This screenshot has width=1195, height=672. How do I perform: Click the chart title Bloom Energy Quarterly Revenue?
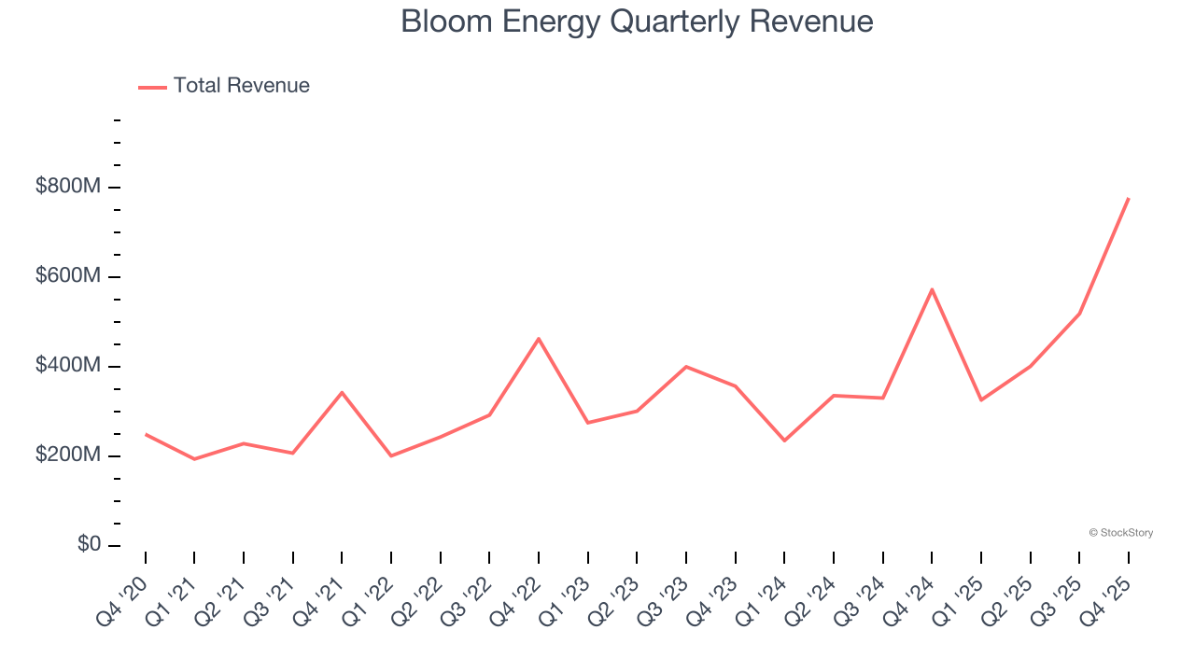[637, 21]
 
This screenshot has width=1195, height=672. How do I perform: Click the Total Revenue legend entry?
[224, 86]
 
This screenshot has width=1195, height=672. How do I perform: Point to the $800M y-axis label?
[68, 187]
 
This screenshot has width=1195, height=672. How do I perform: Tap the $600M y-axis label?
[68, 276]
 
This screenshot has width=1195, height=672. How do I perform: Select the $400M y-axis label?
[68, 366]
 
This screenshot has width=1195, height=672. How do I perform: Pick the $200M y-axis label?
[68, 455]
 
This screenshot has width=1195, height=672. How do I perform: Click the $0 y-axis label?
[88, 545]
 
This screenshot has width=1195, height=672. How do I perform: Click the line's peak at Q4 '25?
[1128, 199]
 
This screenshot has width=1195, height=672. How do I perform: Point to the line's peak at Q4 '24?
[932, 289]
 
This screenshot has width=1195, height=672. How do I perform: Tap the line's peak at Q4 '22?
[539, 339]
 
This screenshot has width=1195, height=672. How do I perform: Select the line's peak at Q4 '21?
[342, 392]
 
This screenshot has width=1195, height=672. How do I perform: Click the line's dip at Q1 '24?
[784, 441]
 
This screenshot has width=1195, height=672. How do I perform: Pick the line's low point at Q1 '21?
[194, 459]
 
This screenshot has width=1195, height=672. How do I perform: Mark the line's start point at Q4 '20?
[146, 434]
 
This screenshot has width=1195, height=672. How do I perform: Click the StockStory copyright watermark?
[1120, 533]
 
